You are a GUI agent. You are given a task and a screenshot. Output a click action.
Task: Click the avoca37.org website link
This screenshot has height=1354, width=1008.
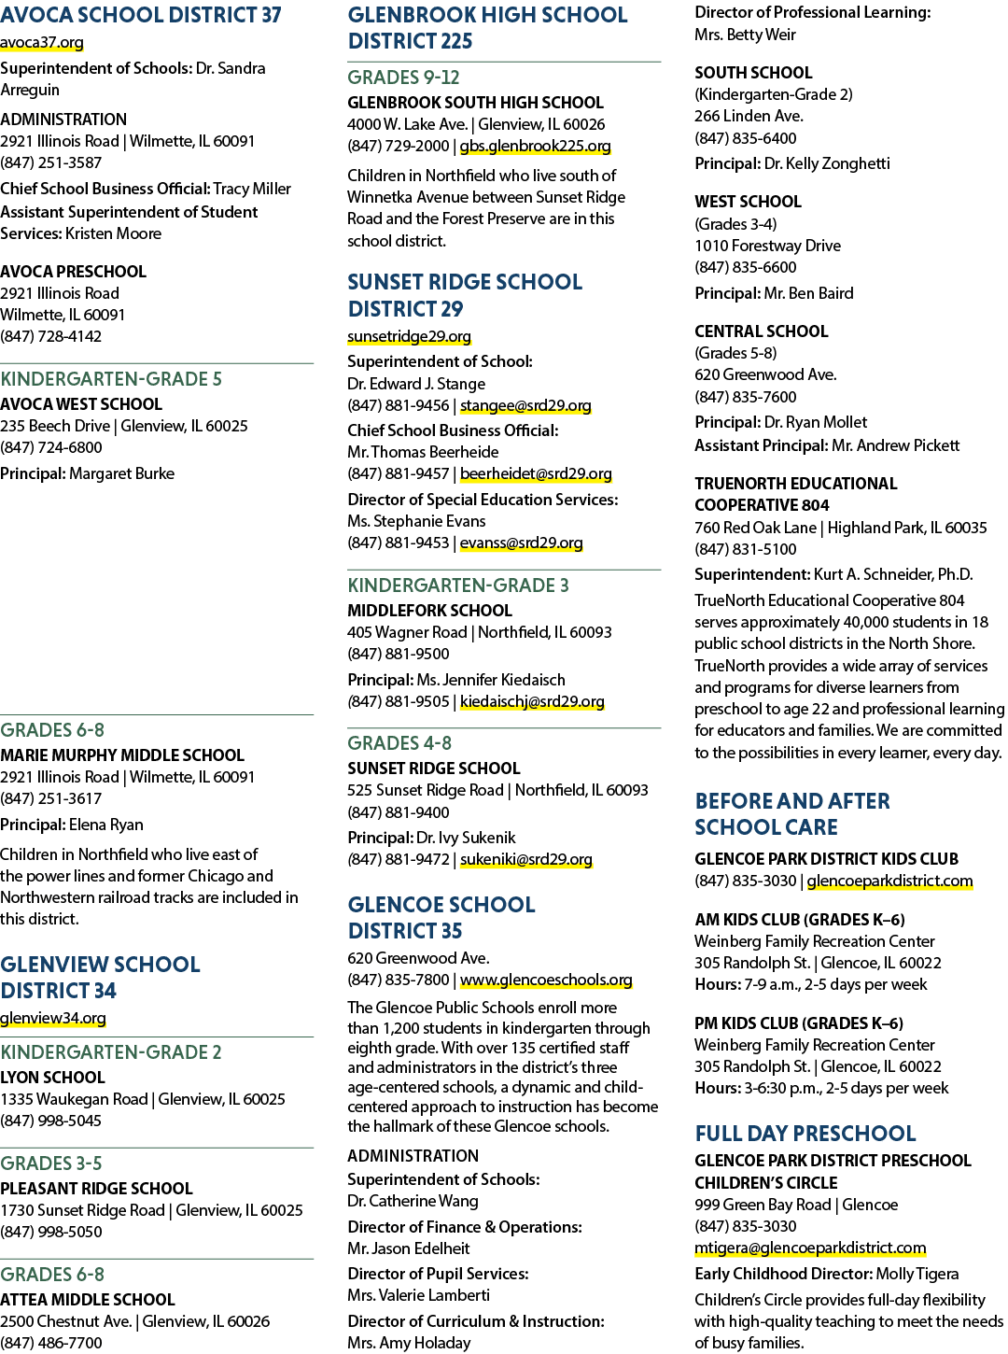pos(41,43)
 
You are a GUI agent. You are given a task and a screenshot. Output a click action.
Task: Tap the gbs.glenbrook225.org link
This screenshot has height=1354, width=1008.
pos(535,146)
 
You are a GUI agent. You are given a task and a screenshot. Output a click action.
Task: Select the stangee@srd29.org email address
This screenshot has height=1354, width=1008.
pos(525,406)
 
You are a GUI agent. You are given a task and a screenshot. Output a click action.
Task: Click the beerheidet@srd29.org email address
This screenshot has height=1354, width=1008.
pos(536,473)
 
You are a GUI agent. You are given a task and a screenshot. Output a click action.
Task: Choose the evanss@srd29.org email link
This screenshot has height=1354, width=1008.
pos(521,543)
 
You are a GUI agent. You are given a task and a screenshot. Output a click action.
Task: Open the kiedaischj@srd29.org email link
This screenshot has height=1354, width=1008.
pos(532,702)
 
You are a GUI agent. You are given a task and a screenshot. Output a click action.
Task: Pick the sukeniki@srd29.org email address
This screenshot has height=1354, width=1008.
pos(526,859)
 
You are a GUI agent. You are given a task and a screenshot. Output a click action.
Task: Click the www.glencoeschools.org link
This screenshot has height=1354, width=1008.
pos(546,980)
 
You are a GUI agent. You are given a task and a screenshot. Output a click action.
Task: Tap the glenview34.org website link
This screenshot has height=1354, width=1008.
pos(53,1018)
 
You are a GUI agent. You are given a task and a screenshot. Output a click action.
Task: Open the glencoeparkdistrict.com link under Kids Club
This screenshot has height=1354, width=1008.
pos(889,881)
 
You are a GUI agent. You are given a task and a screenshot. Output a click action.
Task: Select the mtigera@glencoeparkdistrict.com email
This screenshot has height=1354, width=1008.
pos(810,1248)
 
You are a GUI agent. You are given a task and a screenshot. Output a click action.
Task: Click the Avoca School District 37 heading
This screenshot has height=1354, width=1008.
pos(140,15)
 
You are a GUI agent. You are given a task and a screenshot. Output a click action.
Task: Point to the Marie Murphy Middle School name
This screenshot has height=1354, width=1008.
pos(122,755)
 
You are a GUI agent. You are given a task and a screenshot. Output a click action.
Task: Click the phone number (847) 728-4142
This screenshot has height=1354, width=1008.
pos(50,336)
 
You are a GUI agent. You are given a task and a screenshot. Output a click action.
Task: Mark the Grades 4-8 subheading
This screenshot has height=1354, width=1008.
pos(399,743)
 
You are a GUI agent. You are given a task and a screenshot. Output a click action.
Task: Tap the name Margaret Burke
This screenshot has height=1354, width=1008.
pos(121,473)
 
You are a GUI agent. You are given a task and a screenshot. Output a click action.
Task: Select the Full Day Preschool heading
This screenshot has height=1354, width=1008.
pos(805,1134)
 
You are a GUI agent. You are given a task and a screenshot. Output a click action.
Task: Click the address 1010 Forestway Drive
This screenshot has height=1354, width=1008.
pos(767,246)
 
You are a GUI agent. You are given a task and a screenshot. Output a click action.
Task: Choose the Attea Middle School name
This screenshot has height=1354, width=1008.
pos(88,1300)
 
